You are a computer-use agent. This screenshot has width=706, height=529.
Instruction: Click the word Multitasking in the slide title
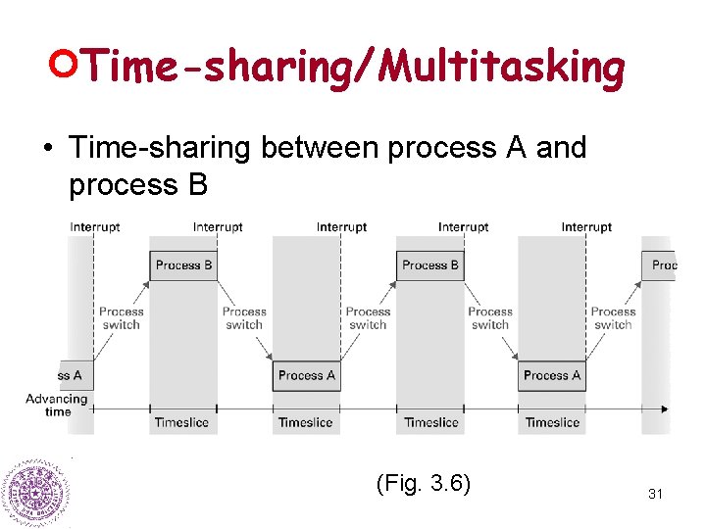pyautogui.click(x=501, y=68)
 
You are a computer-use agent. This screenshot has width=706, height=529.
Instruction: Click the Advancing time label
pyautogui.click(x=57, y=406)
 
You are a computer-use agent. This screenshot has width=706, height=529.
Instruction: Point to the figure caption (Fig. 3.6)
pyautogui.click(x=423, y=483)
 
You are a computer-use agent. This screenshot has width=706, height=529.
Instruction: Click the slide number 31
pyautogui.click(x=655, y=495)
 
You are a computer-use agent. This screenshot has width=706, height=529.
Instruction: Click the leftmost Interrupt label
pyautogui.click(x=95, y=227)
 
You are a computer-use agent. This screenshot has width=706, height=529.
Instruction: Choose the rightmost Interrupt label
pyautogui.click(x=586, y=227)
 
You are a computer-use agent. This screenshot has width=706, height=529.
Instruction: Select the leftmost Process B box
pyautogui.click(x=183, y=265)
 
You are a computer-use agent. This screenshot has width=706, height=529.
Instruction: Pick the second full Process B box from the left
pyautogui.click(x=429, y=265)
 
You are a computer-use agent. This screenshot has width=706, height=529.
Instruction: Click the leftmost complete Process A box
pyautogui.click(x=306, y=375)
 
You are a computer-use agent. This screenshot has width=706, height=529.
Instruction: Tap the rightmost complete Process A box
pyautogui.click(x=552, y=375)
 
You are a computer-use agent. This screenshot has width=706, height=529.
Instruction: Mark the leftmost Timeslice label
pyautogui.click(x=181, y=423)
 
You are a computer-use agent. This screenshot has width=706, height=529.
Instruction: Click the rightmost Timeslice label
pyautogui.click(x=552, y=423)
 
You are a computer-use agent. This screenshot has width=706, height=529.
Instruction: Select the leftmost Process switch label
pyautogui.click(x=122, y=318)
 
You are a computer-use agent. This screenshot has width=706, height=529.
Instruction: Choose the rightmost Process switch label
pyautogui.click(x=614, y=318)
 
